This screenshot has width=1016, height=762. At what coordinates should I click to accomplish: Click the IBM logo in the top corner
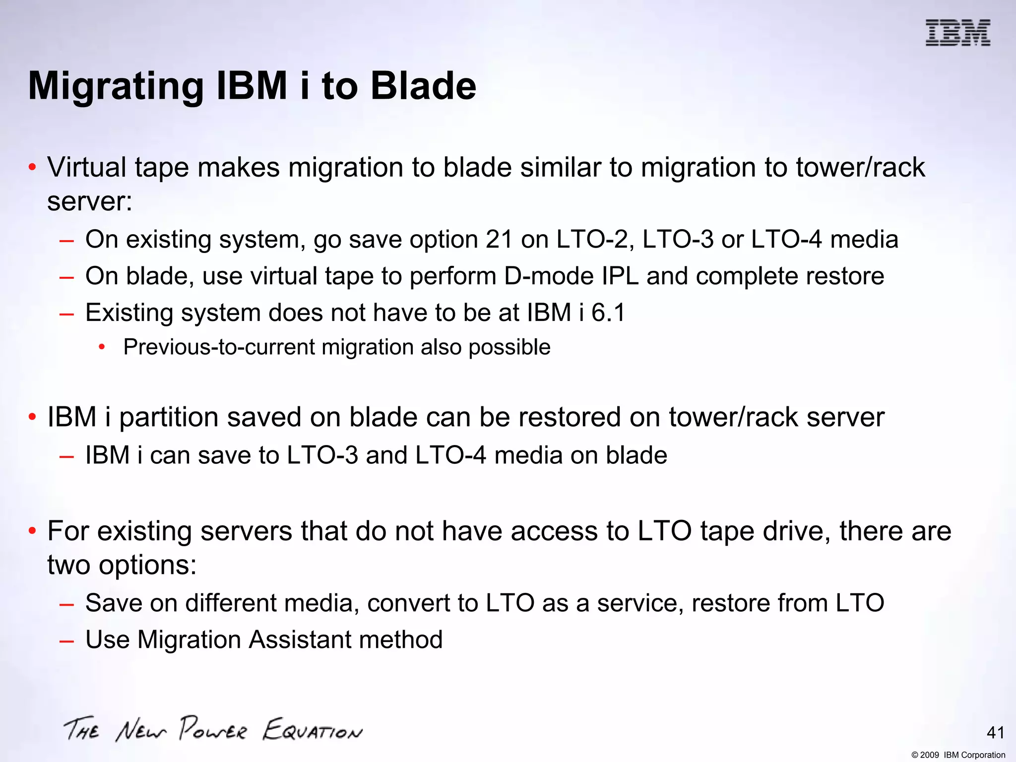[957, 33]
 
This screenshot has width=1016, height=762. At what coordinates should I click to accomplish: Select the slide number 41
[995, 733]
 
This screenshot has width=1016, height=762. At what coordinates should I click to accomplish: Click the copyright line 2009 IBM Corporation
[958, 755]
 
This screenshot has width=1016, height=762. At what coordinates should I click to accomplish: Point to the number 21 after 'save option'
[499, 240]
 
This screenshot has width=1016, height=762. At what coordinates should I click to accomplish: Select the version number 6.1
[608, 313]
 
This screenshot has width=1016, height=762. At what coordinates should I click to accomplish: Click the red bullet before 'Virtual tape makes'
[32, 168]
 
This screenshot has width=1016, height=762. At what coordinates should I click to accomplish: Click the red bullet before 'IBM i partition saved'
[32, 417]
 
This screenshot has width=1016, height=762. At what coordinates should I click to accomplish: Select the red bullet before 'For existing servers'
[32, 531]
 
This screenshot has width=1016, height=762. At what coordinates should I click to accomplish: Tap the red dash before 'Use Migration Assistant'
[66, 640]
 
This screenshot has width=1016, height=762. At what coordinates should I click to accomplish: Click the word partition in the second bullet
[169, 417]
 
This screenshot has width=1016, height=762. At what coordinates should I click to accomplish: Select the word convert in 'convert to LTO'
[408, 603]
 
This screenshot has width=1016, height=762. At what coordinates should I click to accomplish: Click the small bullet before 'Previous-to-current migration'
[102, 347]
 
